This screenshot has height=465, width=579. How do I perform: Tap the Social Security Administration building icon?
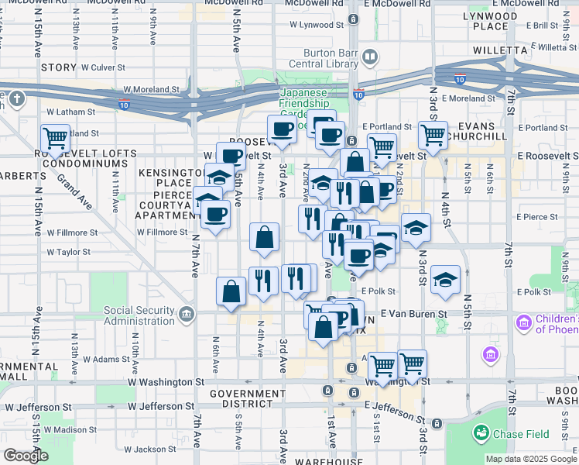click(x=186, y=314)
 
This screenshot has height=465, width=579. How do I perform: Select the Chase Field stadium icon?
click(x=482, y=432)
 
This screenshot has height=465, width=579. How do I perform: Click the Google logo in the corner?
click(x=26, y=455)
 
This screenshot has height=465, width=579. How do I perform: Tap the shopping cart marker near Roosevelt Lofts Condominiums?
click(x=55, y=139)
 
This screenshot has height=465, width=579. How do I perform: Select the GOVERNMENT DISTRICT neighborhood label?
click(x=248, y=399)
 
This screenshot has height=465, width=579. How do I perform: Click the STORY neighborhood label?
click(x=58, y=67)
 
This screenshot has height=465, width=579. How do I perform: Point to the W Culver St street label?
click(x=99, y=67)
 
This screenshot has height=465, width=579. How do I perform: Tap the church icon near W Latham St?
click(x=17, y=99)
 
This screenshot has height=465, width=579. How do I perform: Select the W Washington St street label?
click(x=166, y=382)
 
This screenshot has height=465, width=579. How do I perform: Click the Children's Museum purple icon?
click(x=523, y=321)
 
